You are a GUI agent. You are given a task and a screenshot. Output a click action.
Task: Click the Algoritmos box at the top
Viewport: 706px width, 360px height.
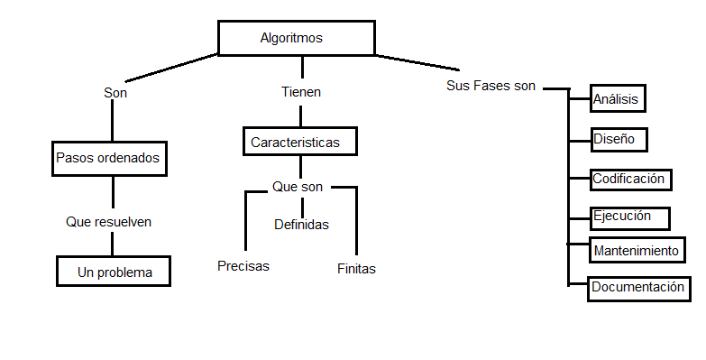(x=296, y=38)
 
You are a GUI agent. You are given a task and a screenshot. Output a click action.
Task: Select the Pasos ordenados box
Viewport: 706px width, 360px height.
(x=108, y=158)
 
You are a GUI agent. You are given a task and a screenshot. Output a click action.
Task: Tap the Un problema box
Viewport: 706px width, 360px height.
(x=115, y=272)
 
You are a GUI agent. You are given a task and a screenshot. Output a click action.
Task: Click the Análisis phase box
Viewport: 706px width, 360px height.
(x=618, y=99)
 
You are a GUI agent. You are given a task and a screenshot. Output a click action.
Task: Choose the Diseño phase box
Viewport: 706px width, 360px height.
(x=618, y=140)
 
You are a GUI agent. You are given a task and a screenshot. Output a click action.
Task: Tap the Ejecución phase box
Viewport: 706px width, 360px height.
(x=630, y=217)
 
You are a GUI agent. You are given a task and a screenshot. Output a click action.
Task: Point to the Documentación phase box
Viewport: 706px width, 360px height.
(x=638, y=288)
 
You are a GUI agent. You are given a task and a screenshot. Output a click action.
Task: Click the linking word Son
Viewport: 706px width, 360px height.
(x=115, y=92)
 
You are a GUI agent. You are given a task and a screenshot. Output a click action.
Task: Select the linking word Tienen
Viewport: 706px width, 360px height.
(x=301, y=92)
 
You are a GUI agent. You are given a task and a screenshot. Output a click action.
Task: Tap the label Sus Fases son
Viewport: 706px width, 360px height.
(x=491, y=86)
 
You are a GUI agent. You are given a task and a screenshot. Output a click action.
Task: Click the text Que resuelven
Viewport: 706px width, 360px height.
(x=108, y=221)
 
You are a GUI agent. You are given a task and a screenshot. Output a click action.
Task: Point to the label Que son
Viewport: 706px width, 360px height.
(x=298, y=187)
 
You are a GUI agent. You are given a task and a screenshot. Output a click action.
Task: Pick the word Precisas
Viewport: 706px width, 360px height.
(x=243, y=265)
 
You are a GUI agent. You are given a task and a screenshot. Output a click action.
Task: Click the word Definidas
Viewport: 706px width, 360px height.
(x=301, y=224)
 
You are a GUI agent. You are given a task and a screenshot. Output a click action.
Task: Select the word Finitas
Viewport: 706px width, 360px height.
(x=356, y=268)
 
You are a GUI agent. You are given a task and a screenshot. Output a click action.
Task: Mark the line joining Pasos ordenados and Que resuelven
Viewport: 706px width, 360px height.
(x=113, y=192)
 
